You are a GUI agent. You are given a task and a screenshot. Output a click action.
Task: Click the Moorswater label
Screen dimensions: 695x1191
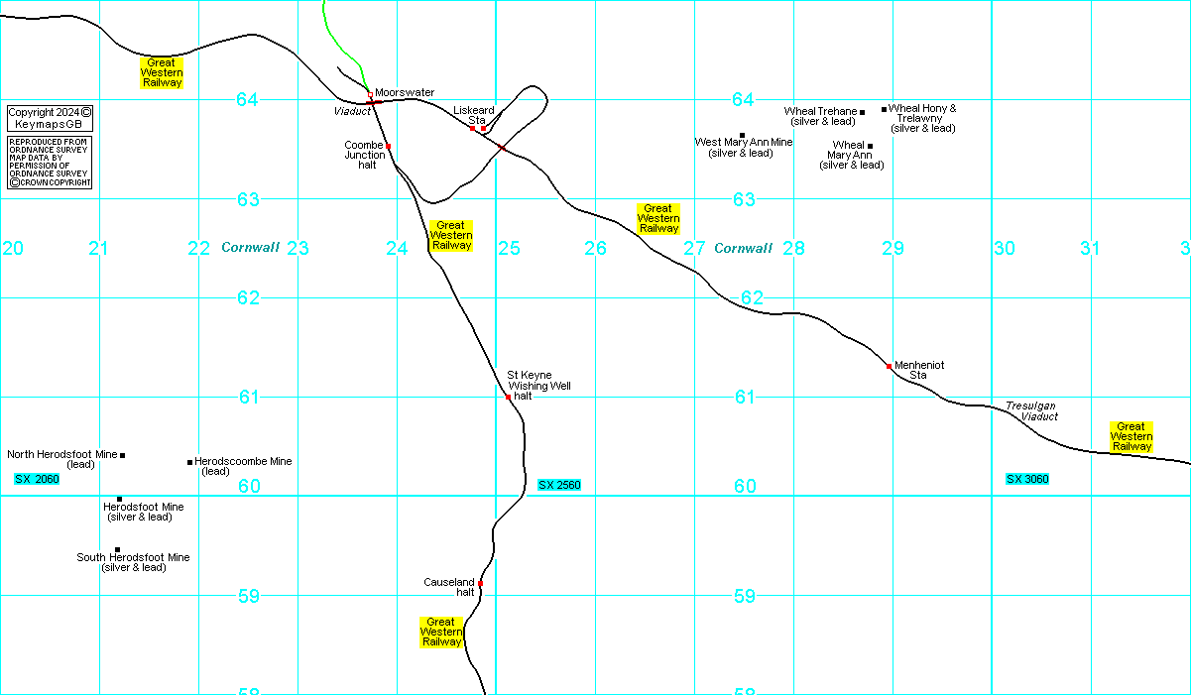click(x=405, y=92)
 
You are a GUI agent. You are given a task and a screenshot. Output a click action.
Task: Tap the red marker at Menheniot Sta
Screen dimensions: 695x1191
click(x=889, y=366)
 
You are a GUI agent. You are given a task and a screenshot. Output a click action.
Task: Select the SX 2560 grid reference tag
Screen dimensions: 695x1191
click(x=559, y=485)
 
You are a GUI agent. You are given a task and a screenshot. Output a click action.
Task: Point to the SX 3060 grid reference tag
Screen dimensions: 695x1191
click(x=1027, y=479)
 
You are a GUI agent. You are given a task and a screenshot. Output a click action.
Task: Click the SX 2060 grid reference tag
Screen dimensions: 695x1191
click(x=37, y=479)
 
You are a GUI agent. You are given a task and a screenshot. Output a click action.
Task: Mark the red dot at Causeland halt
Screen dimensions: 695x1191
click(x=480, y=583)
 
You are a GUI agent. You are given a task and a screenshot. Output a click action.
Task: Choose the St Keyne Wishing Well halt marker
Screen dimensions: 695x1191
click(x=508, y=397)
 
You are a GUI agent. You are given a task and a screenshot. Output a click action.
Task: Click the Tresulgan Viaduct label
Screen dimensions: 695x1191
click(x=1031, y=411)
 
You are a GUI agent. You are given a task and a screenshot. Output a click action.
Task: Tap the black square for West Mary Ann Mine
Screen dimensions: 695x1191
click(x=742, y=135)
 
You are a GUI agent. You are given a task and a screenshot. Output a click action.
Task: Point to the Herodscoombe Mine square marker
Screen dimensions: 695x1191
click(x=189, y=461)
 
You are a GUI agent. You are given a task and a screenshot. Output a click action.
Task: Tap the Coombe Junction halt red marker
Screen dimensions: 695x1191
click(x=388, y=146)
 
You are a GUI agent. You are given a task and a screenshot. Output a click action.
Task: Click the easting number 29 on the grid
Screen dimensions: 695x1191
click(x=893, y=248)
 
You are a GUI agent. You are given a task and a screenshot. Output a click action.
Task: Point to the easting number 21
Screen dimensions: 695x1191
click(x=97, y=248)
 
